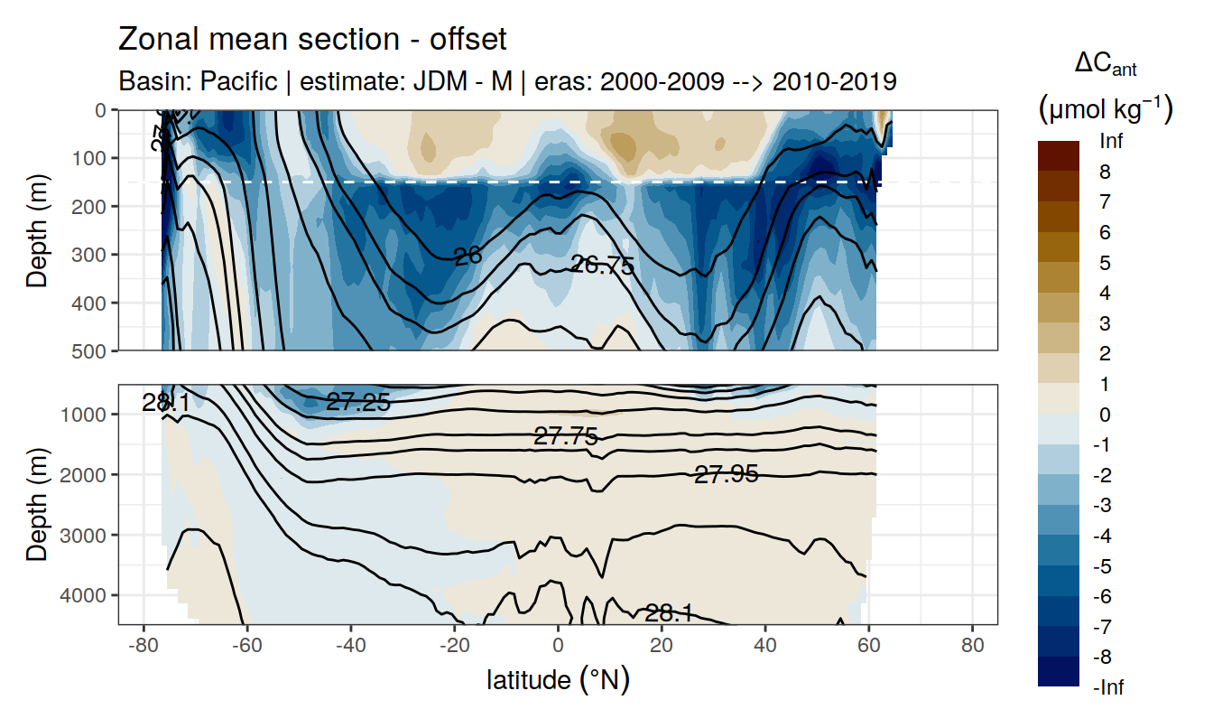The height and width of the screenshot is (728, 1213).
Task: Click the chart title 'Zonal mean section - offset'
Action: coord(312,40)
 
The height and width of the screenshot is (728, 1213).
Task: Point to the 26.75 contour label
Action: coord(603,266)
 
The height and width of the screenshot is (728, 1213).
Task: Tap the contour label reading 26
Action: coord(468,257)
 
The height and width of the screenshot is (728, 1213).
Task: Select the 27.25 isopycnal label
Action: coord(358,403)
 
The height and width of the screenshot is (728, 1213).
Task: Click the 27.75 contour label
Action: coord(566,437)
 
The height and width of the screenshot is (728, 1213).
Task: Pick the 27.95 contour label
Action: coord(726,473)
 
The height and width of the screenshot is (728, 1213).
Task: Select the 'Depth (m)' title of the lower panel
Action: coord(37,504)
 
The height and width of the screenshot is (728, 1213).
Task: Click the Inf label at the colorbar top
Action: coord(1109,142)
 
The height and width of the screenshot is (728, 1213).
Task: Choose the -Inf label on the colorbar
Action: coord(1110,688)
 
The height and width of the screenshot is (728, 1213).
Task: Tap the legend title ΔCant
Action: coord(1106,64)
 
